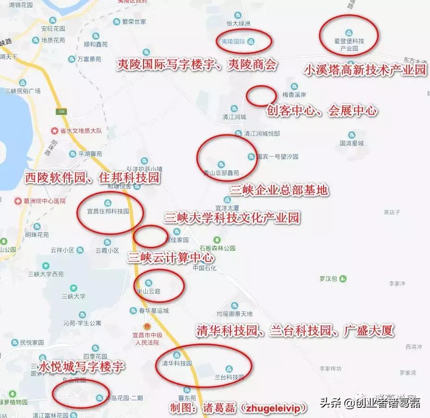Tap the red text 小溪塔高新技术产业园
365,70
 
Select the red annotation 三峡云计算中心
171,258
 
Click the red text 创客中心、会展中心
322,111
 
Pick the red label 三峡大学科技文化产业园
232,218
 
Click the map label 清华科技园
177,363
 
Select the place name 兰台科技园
229,377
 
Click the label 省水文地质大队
84,131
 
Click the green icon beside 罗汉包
343,279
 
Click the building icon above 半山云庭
148,283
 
